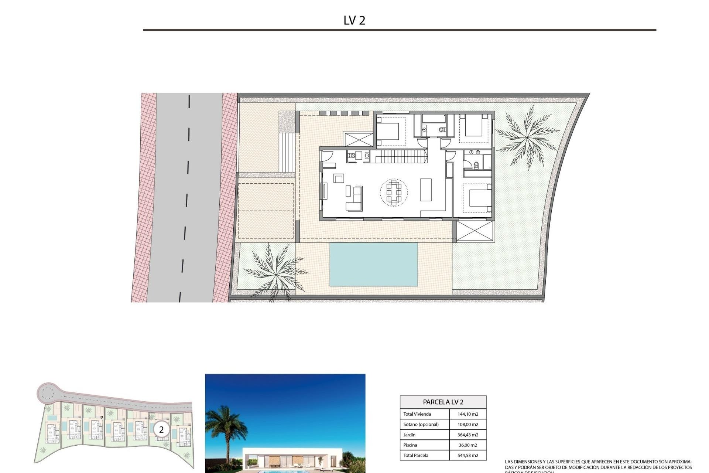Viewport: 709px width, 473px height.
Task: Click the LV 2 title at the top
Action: click(x=354, y=20)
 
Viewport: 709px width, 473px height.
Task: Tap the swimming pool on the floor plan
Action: click(x=373, y=264)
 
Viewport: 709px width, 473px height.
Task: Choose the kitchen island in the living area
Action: click(x=426, y=190)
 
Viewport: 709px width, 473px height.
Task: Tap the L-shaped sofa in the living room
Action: click(x=354, y=200)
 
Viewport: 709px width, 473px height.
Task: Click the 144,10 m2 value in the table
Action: click(x=467, y=414)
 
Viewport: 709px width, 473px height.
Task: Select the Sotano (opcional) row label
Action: click(x=421, y=425)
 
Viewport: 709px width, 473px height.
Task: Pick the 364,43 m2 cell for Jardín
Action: click(x=467, y=435)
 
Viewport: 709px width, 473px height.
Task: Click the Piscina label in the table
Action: click(x=410, y=445)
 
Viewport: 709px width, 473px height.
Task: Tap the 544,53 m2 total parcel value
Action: click(x=467, y=456)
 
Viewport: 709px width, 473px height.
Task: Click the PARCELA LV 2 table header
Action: click(x=443, y=402)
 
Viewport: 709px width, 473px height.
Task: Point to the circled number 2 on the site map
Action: click(x=161, y=430)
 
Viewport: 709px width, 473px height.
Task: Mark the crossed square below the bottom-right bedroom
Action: click(x=475, y=231)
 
